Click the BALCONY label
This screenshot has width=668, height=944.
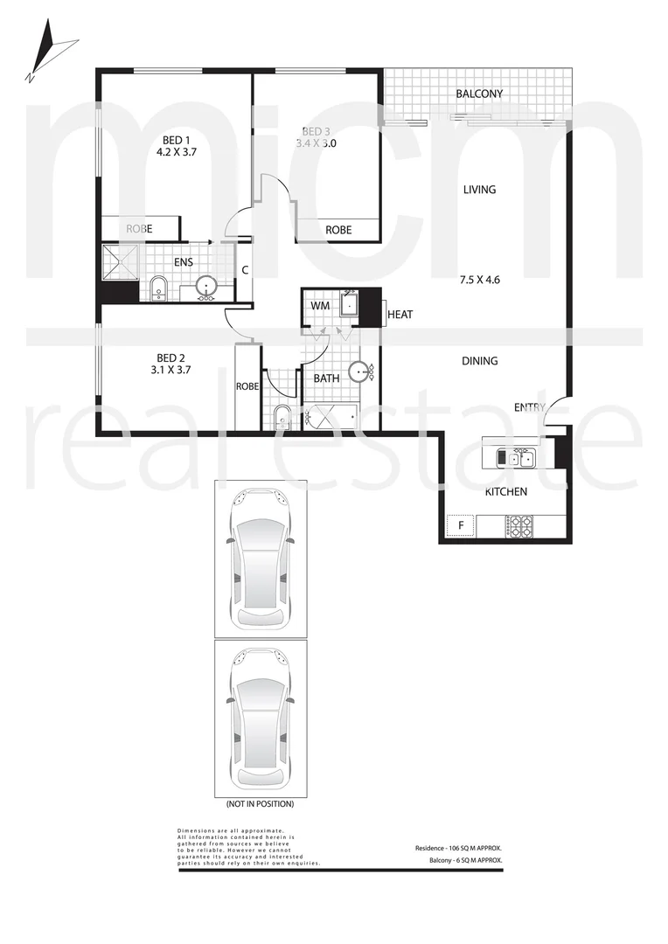pos(479,94)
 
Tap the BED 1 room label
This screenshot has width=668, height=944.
pos(176,140)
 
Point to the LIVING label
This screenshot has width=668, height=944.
pos(479,190)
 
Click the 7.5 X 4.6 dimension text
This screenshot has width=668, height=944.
pos(479,281)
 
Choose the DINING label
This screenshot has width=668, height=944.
pos(479,361)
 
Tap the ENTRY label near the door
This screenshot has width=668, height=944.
pos(529,407)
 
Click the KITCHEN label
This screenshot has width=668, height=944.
pos(505,492)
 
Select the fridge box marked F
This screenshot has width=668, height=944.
pos(460,526)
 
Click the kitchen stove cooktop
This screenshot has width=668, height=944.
pos(520,526)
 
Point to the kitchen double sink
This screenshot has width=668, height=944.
pos(515,457)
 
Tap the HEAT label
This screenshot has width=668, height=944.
pos(400,315)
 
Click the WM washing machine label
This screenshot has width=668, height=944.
pos(319,306)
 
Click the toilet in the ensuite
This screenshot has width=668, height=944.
pos(158,288)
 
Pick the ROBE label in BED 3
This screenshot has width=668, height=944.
pos(338,230)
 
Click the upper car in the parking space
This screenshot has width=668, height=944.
pos(261,559)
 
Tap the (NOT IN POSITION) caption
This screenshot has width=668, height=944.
pos(260,803)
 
